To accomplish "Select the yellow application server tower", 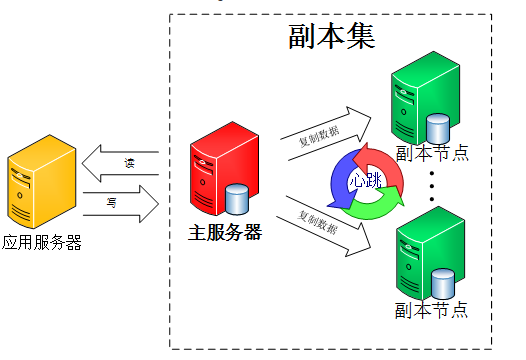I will point(41,186).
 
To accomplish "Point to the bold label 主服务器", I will point(225,233).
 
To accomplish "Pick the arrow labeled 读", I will point(121,160).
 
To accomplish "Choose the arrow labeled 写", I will point(121,202).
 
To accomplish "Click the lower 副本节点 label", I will point(432,309).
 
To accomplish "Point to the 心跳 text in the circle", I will point(365,180).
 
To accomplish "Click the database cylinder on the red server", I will point(238,198).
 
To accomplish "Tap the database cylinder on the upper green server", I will point(438,128).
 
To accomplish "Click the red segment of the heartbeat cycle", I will point(386,166).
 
